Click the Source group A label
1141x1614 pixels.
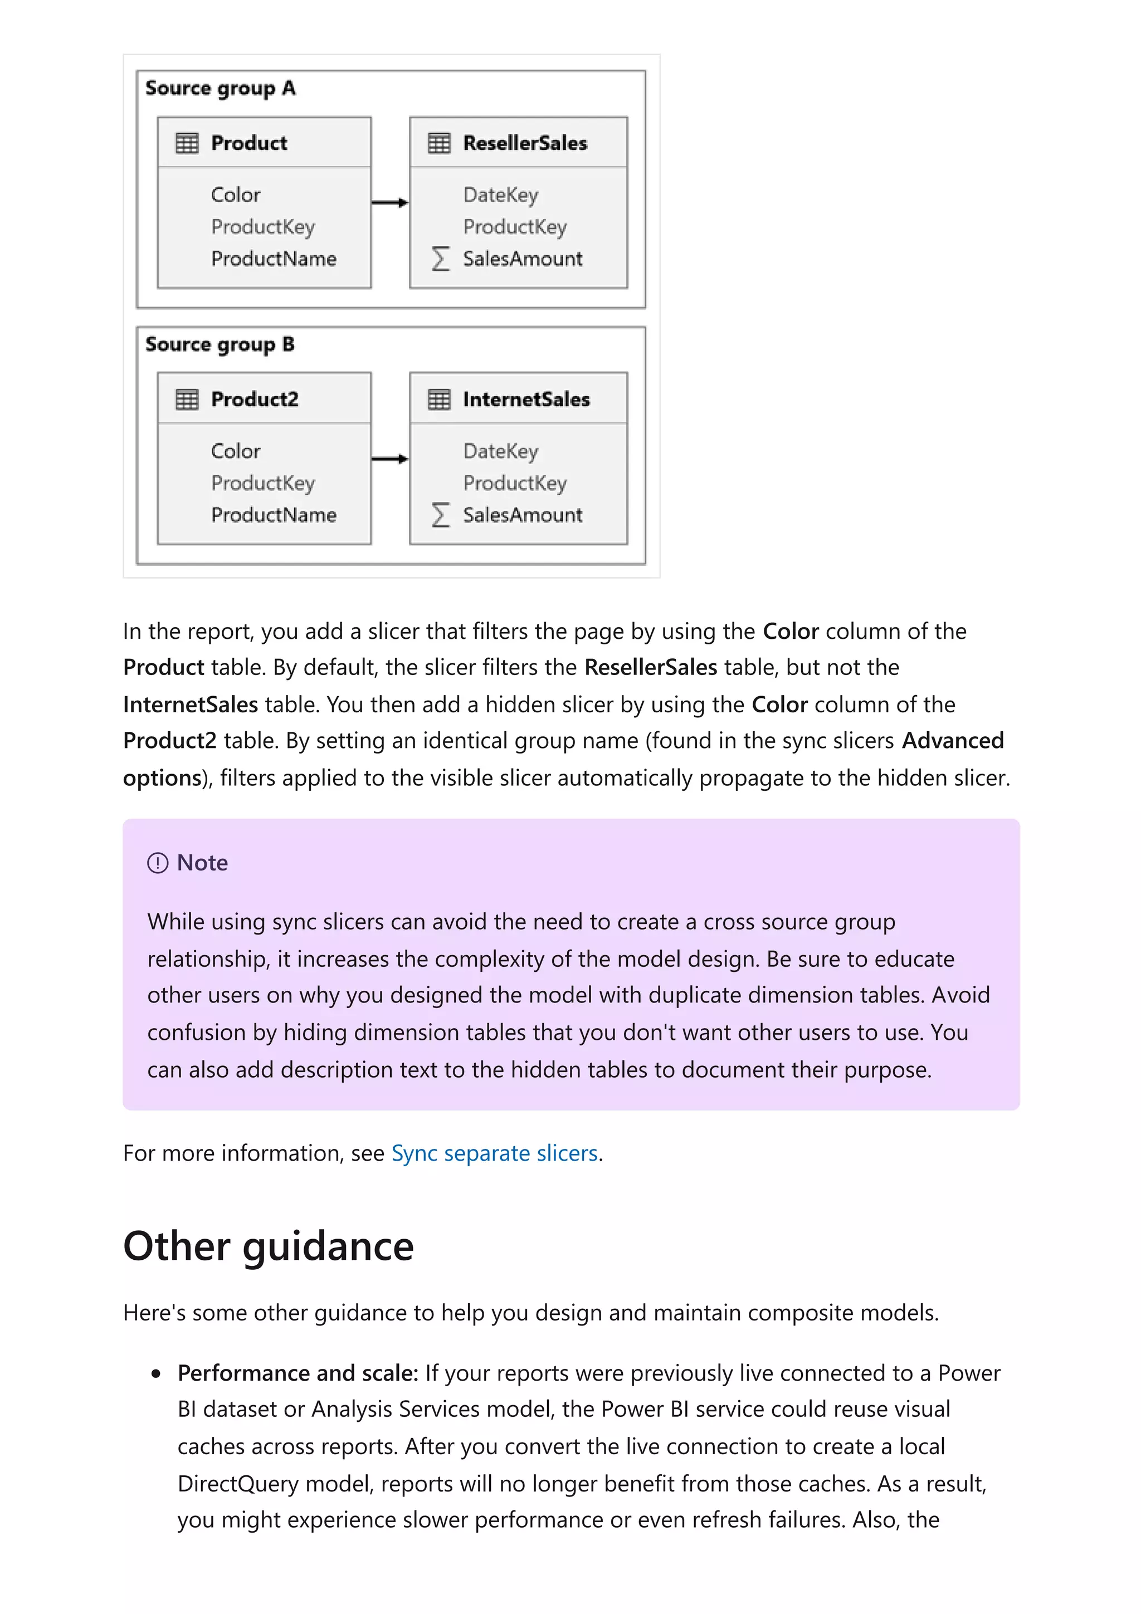point(220,89)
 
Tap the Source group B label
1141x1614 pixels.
point(220,344)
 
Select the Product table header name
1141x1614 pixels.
point(249,143)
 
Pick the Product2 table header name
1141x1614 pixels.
point(255,399)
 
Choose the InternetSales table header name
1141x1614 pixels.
point(526,399)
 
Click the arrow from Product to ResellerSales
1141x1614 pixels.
point(390,203)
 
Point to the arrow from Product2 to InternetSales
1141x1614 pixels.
point(390,459)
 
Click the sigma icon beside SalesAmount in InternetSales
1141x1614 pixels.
point(441,515)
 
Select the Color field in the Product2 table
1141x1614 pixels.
point(236,451)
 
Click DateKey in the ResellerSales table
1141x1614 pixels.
point(500,195)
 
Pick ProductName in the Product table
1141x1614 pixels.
point(274,258)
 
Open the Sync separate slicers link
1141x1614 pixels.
point(494,1153)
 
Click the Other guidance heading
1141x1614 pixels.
point(269,1246)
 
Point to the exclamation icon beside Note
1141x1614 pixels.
point(158,863)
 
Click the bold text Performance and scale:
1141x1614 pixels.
point(298,1373)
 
